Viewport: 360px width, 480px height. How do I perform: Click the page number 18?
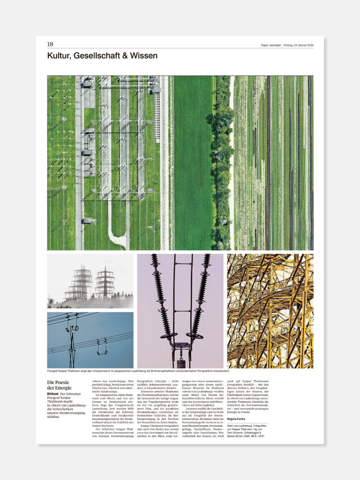click(50, 44)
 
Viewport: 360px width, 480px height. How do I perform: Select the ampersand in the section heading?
click(123, 56)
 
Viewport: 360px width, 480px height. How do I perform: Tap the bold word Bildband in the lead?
click(52, 394)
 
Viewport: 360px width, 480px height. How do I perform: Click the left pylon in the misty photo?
click(81, 283)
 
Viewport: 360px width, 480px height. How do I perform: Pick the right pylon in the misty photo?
click(105, 282)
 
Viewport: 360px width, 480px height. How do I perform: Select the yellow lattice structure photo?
click(270, 311)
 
